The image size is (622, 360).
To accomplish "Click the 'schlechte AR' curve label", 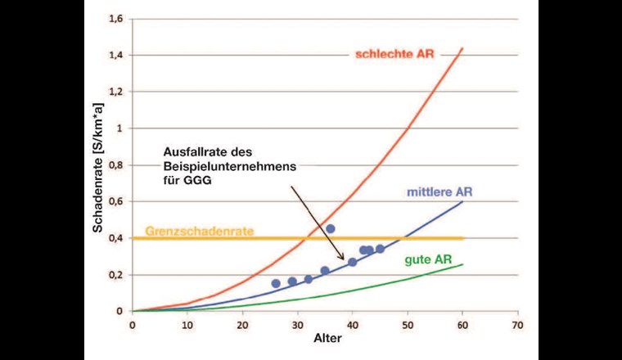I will pos(394,55).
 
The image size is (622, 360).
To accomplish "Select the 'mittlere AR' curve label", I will pos(439,193).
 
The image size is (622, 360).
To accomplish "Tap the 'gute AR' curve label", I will pos(428,260).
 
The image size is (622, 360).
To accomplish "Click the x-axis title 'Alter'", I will pos(323,338).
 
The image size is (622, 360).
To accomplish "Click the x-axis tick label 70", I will pos(517,324).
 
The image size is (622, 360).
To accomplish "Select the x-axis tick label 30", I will pos(297,324).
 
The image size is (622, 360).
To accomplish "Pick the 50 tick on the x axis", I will pos(408,324).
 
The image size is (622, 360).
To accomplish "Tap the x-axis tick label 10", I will pos(187,324).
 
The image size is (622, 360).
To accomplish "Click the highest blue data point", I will pos(331,229).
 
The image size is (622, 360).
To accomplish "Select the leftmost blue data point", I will pos(276,283).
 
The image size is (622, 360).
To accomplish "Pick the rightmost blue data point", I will pos(380,249).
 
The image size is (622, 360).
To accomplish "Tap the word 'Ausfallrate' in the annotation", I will pos(188,151).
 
